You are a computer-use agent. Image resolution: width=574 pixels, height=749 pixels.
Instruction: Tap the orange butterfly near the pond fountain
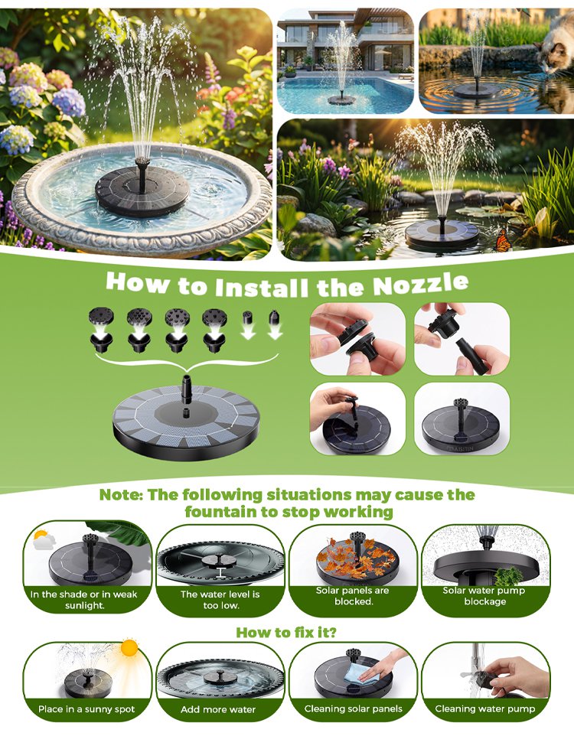[x=502, y=240]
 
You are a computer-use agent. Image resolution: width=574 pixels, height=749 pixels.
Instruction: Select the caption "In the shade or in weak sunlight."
[x=84, y=600]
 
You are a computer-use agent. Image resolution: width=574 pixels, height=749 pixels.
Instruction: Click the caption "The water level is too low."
[x=220, y=600]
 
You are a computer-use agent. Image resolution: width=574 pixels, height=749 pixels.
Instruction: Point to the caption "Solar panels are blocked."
[x=353, y=596]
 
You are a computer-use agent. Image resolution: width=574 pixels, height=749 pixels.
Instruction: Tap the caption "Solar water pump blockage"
[x=484, y=596]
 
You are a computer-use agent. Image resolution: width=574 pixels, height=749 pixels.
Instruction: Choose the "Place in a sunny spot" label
[x=86, y=709]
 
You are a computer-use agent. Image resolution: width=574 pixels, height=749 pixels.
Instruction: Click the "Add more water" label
[x=218, y=709]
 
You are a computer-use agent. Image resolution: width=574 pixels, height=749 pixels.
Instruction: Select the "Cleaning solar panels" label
[x=353, y=709]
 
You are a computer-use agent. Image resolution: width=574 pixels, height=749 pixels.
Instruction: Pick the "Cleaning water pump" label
[x=484, y=709]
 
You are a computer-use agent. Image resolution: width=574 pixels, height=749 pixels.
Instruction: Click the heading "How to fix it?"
[x=286, y=633]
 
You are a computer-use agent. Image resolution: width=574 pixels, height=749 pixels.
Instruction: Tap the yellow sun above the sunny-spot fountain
[x=129, y=648]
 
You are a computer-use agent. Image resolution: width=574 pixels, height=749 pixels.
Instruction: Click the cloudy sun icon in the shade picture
[x=44, y=539]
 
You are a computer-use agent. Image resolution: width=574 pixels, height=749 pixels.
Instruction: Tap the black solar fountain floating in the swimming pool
[x=342, y=99]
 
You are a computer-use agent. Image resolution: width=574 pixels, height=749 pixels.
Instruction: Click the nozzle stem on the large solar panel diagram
[x=187, y=387]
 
